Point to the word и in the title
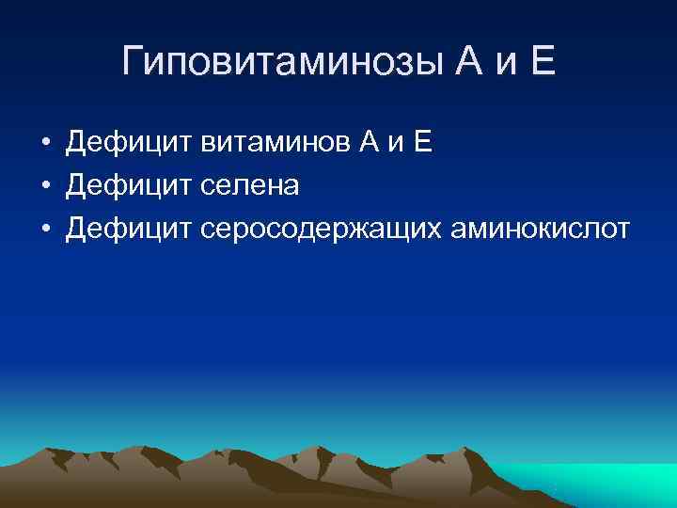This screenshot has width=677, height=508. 498,64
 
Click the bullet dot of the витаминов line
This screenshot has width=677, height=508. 44,145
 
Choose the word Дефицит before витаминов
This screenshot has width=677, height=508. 129,144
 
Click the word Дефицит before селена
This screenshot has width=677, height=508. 129,186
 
